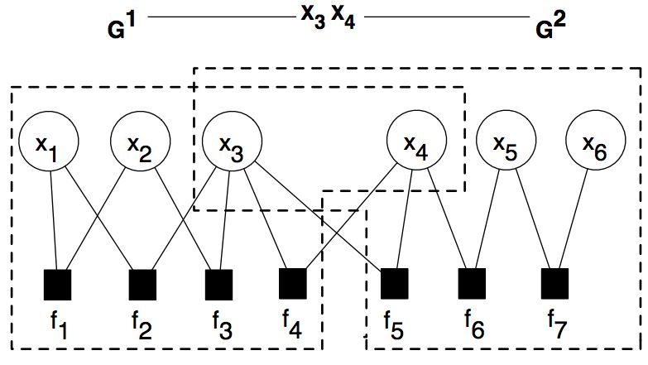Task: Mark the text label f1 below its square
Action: pyautogui.click(x=59, y=326)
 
